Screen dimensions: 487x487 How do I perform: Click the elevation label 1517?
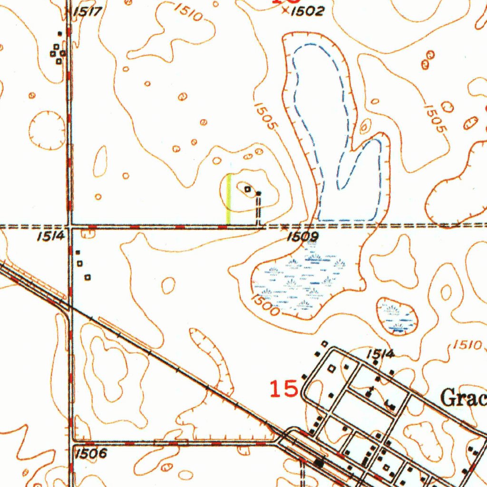pyautogui.click(x=88, y=11)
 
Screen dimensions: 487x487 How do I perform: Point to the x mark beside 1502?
pyautogui.click(x=285, y=10)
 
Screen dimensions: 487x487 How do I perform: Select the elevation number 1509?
pyautogui.click(x=302, y=236)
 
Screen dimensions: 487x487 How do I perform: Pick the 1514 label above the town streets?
pyautogui.click(x=381, y=354)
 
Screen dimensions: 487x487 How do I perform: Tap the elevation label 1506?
pyautogui.click(x=91, y=453)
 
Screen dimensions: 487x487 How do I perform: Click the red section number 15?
pyautogui.click(x=284, y=390)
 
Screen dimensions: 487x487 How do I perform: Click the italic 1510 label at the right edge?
pyautogui.click(x=467, y=345)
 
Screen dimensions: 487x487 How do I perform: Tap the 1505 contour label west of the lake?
pyautogui.click(x=265, y=116)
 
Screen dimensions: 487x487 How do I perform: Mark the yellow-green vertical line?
pyautogui.click(x=228, y=199)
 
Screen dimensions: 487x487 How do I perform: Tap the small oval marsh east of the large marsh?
pyautogui.click(x=397, y=316)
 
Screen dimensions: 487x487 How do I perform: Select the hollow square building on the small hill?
pyautogui.click(x=247, y=189)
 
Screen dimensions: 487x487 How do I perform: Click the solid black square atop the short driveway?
pyautogui.click(x=258, y=194)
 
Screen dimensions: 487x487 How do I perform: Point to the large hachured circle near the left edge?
pyautogui.click(x=47, y=130)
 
